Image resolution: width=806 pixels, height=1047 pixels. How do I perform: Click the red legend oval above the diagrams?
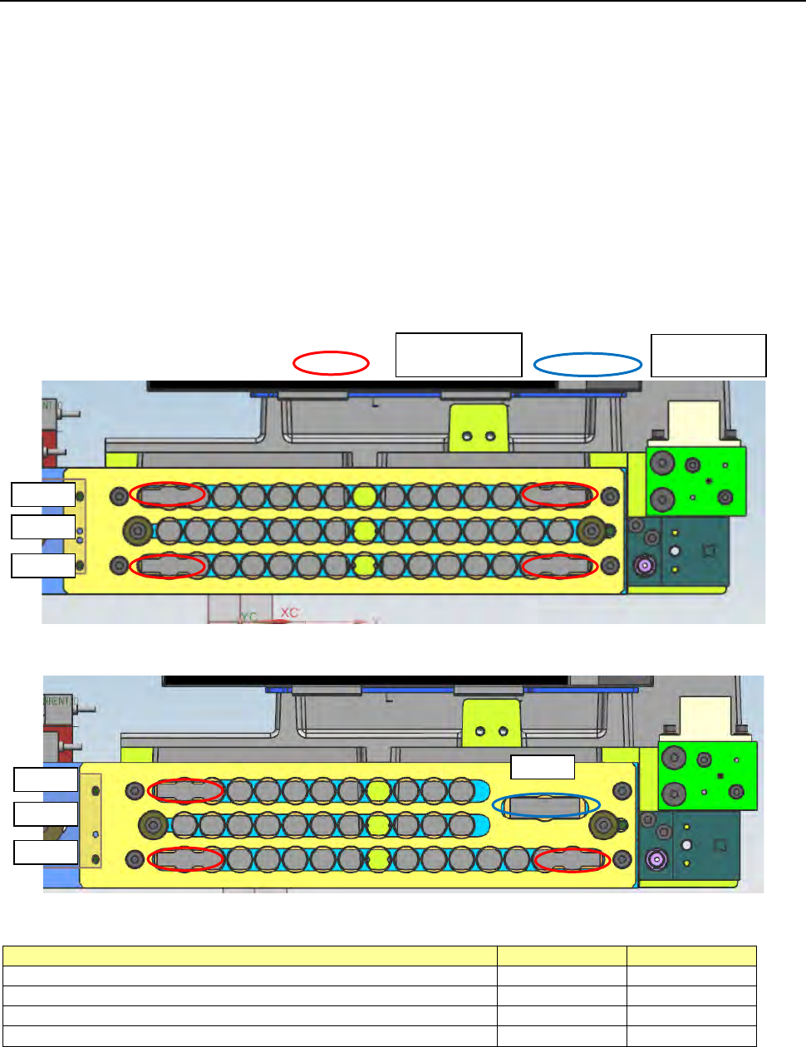click(331, 363)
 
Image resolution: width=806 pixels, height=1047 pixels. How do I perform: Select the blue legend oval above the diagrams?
click(587, 364)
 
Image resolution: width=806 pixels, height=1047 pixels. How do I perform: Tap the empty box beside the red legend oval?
click(459, 355)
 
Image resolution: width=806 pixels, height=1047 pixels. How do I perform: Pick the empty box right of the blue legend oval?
click(708, 356)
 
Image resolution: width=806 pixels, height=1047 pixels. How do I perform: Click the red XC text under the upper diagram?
click(289, 613)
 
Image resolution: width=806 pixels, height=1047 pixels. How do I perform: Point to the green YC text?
click(249, 617)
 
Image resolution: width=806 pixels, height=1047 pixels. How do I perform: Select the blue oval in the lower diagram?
click(546, 805)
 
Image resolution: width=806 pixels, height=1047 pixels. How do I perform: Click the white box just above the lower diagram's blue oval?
click(542, 767)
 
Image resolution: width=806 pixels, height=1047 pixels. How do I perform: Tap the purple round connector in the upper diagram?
click(643, 567)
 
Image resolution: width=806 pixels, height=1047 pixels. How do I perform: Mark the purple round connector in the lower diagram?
click(656, 859)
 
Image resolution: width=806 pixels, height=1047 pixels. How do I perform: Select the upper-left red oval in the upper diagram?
click(167, 494)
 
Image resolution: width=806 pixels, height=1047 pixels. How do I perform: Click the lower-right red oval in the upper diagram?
click(559, 567)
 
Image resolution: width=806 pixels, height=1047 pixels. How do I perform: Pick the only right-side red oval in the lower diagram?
click(572, 860)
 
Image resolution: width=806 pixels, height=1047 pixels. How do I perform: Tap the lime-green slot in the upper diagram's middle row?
click(364, 530)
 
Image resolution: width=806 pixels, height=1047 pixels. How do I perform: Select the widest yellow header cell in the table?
click(249, 956)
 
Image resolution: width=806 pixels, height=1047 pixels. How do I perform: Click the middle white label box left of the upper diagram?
click(43, 527)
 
